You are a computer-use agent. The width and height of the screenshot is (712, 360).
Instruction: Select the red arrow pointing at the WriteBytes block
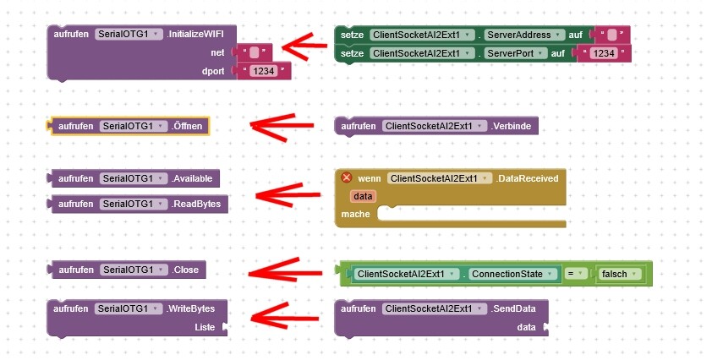click(285, 317)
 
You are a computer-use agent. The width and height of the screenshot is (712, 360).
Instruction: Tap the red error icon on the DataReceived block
click(346, 177)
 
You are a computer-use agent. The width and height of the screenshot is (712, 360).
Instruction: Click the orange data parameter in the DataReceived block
click(364, 196)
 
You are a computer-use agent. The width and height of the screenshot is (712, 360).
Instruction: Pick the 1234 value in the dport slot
click(264, 71)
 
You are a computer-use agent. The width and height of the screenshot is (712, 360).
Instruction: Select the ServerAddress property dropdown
click(525, 35)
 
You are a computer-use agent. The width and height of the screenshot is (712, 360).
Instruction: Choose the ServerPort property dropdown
click(516, 53)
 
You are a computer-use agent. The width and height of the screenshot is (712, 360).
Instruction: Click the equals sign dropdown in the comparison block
click(574, 274)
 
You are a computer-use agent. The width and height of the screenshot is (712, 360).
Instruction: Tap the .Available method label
click(195, 178)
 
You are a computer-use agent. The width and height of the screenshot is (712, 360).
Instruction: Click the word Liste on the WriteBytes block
click(206, 326)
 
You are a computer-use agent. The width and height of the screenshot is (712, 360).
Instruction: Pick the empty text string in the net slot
click(254, 53)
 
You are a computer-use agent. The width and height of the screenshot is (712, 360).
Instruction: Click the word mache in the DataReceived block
click(356, 214)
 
